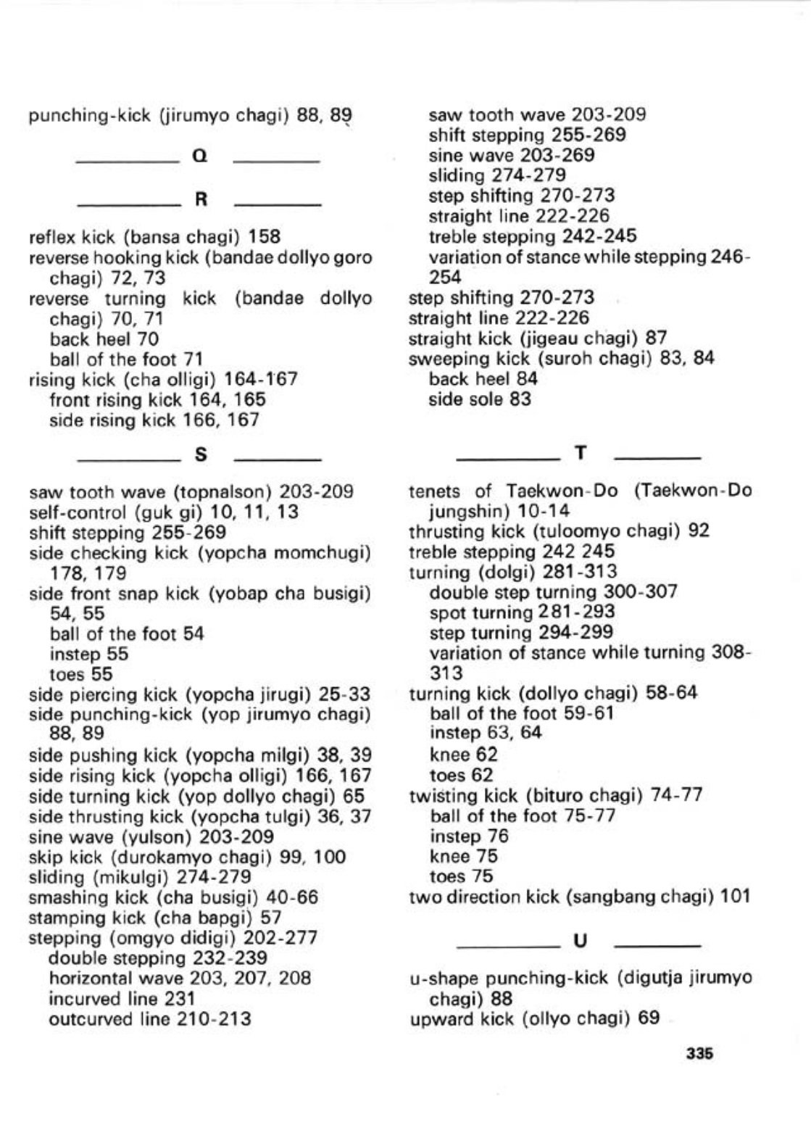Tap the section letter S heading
coord(201,454)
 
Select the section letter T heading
coord(580,453)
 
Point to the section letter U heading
coord(580,941)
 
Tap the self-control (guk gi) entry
coord(163,512)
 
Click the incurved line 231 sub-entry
coord(122,999)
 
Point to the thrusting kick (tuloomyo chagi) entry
coord(559,531)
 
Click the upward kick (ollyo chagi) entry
coord(534,1018)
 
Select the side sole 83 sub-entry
coord(479,399)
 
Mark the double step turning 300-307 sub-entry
coord(553,592)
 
